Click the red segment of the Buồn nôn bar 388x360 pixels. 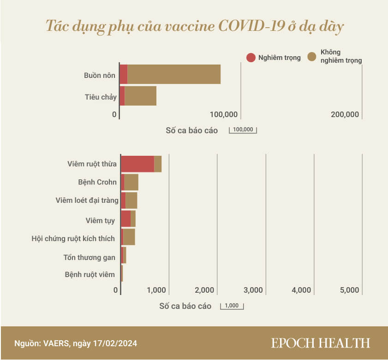(x=124, y=74)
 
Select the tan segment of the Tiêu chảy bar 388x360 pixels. (x=140, y=96)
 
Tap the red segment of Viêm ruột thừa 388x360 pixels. (x=137, y=164)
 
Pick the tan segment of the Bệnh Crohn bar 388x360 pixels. (x=131, y=183)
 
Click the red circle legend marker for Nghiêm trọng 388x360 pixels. (x=251, y=58)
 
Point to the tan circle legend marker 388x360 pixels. (x=312, y=57)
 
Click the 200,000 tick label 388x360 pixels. (x=345, y=114)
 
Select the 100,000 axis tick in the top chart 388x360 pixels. (x=224, y=114)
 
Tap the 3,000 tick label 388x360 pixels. (x=253, y=290)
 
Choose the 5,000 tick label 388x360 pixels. (x=349, y=290)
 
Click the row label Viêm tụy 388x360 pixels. (x=100, y=220)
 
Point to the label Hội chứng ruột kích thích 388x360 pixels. (x=73, y=239)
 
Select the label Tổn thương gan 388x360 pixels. (x=89, y=257)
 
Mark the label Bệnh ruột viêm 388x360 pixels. (x=90, y=275)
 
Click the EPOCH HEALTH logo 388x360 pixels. (x=320, y=343)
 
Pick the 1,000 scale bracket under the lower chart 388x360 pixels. (x=232, y=306)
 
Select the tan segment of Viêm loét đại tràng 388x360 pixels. (x=131, y=201)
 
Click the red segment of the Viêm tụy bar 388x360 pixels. (x=125, y=219)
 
